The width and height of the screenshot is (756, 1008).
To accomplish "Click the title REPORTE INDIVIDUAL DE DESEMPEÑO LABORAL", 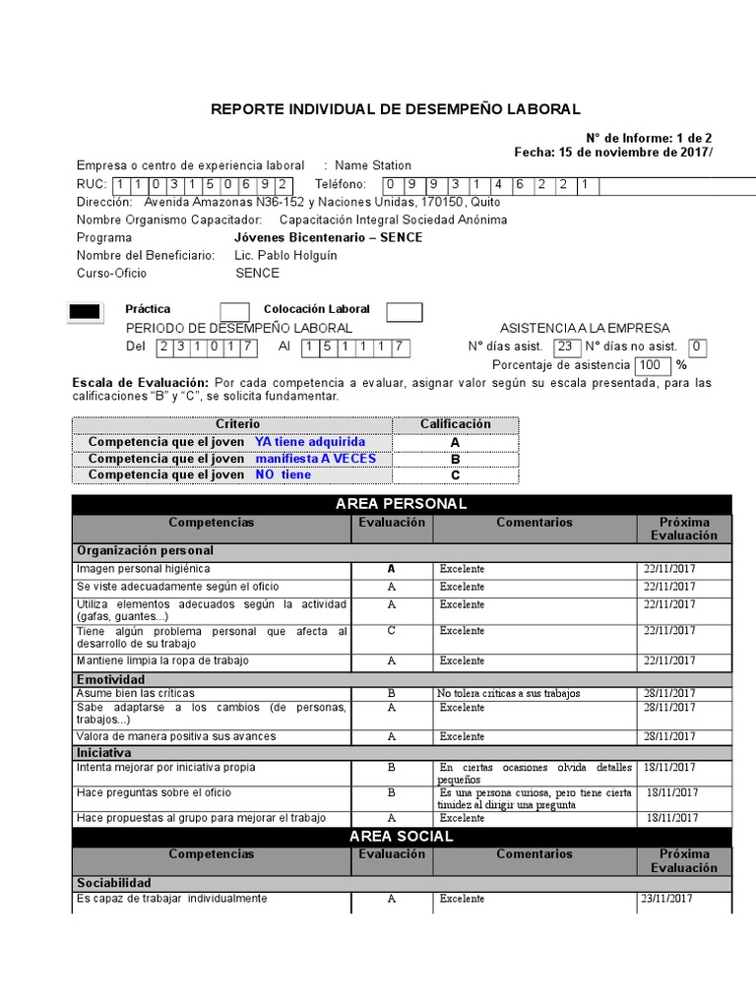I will [396, 109].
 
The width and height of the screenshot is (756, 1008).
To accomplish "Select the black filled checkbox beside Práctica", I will [84, 312].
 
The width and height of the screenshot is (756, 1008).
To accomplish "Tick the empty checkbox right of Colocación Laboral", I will [404, 312].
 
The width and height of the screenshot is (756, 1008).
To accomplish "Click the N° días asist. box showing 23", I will [566, 346].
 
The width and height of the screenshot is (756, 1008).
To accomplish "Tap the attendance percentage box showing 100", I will [651, 365].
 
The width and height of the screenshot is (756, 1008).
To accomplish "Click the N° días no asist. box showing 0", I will [697, 346].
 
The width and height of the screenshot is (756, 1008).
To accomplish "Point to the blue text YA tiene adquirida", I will [309, 442].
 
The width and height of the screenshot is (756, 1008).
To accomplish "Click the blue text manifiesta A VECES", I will [315, 459].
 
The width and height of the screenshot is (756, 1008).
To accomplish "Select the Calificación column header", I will [455, 424].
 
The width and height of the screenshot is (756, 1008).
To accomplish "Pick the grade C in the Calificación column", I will [455, 475].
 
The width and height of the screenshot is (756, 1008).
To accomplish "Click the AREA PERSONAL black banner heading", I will [402, 504].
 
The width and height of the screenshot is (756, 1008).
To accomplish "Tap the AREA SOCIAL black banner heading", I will [402, 836].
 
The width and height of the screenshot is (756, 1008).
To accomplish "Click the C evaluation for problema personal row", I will [391, 630].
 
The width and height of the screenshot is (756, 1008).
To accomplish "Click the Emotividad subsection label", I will [110, 679].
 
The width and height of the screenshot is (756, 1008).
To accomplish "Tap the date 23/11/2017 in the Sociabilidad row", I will [667, 899].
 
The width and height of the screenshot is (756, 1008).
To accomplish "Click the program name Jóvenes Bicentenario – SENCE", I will [328, 238].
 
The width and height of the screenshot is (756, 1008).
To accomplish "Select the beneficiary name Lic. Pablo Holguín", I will [285, 256].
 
